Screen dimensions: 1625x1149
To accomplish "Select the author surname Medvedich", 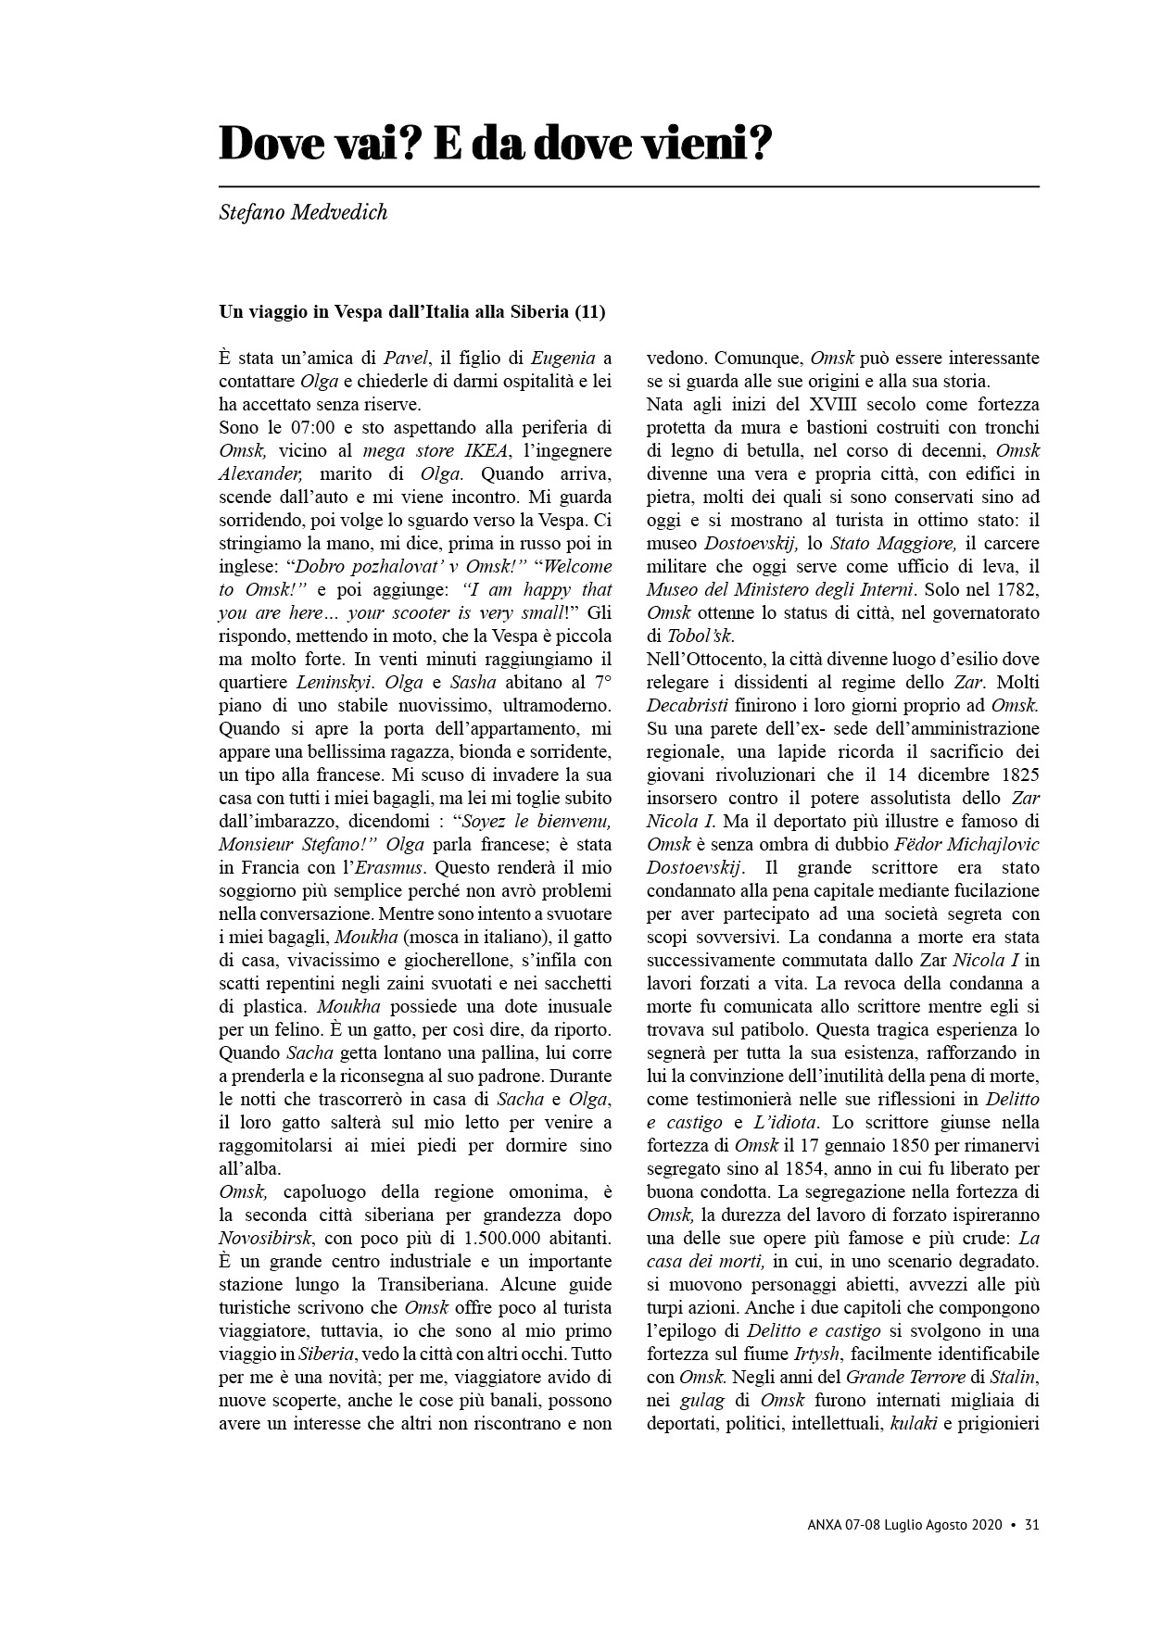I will [335, 212].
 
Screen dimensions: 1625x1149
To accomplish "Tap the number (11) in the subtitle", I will [589, 311].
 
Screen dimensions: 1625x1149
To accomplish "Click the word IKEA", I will [486, 450].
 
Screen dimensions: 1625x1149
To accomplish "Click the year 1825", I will [1017, 775].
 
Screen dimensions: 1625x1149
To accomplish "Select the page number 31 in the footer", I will [1031, 1522].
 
